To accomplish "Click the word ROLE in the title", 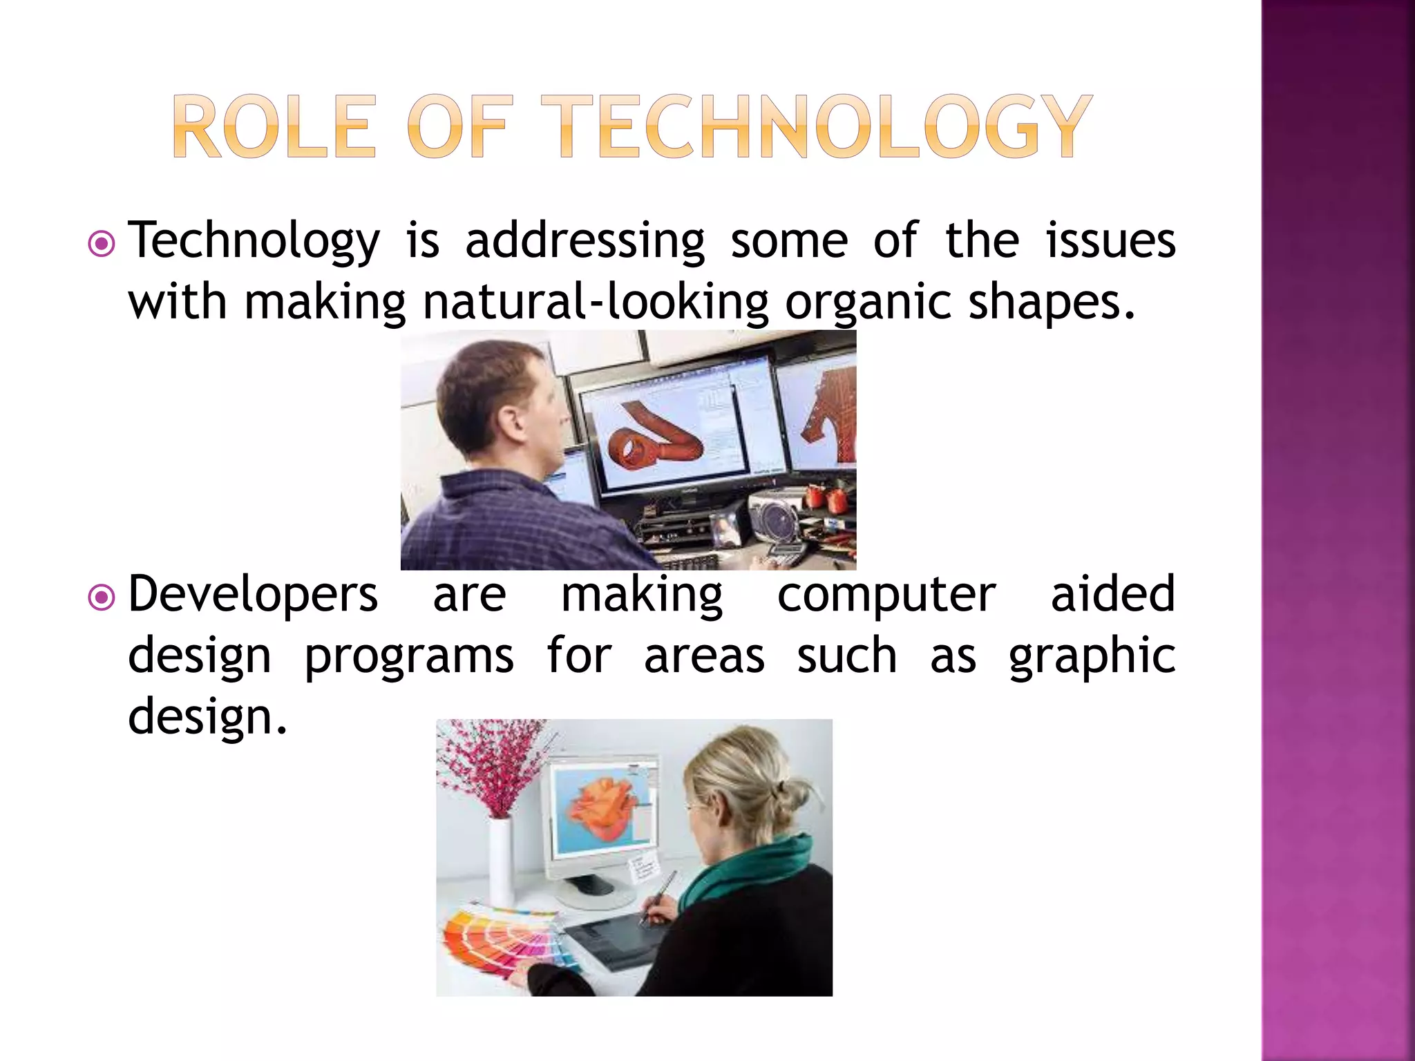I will [x=274, y=127].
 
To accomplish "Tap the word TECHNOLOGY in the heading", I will [x=815, y=127].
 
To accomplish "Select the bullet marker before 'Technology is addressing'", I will [x=102, y=244].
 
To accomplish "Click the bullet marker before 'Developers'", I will [x=102, y=598].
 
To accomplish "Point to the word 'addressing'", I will [x=585, y=242].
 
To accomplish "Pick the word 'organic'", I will [x=868, y=304].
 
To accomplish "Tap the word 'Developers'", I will [x=253, y=595].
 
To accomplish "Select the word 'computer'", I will [x=886, y=595].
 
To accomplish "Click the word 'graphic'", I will [x=1092, y=656].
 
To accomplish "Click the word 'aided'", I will [x=1112, y=595].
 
